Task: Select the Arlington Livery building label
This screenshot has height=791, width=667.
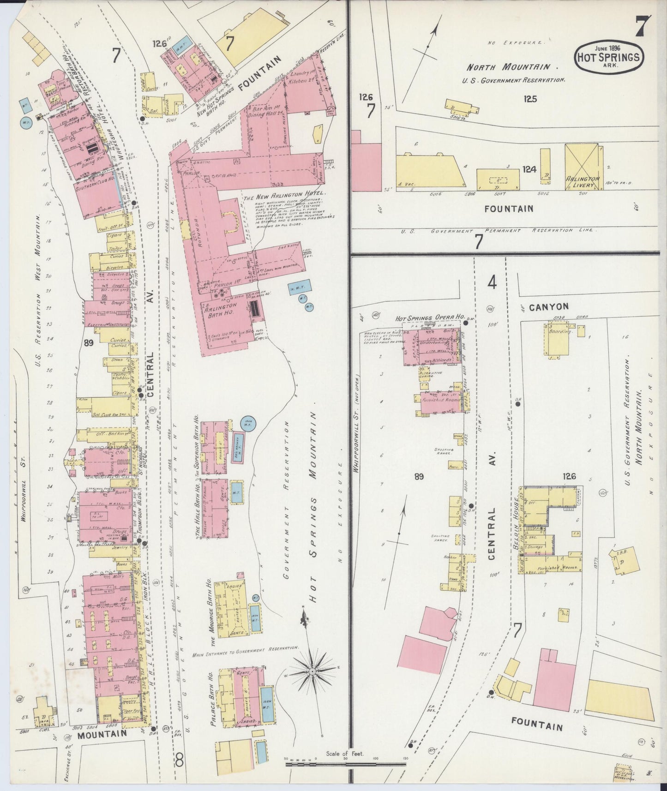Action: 583,181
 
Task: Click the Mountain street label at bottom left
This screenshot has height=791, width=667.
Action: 102,733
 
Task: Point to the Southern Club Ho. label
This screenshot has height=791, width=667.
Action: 96,187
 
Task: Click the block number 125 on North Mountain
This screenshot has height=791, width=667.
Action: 531,98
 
